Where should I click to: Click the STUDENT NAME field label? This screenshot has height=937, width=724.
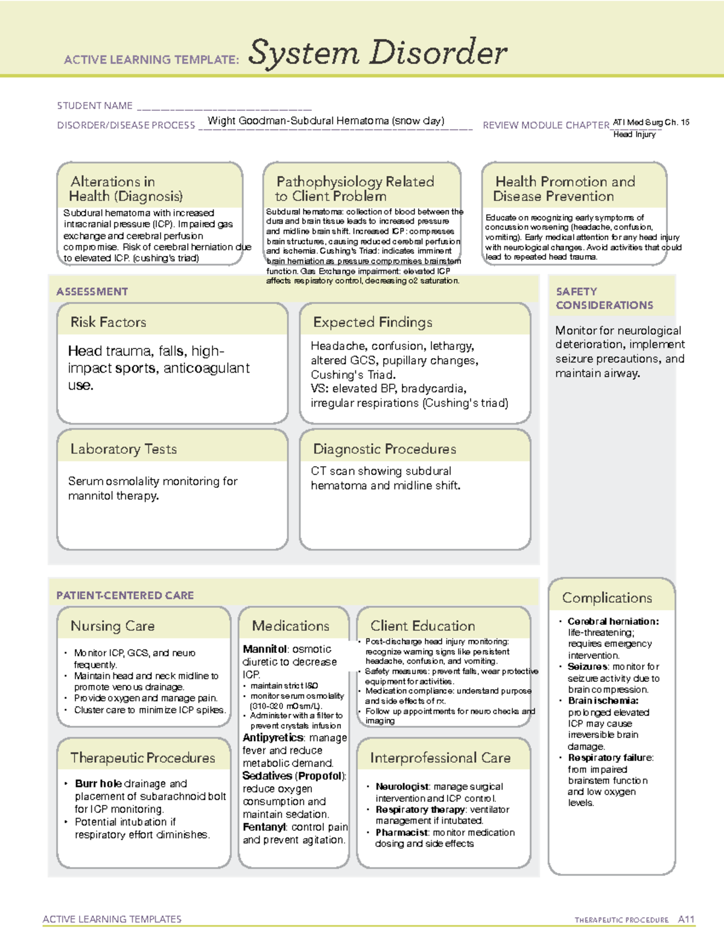[x=95, y=106]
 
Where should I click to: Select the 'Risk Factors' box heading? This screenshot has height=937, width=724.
[x=108, y=322]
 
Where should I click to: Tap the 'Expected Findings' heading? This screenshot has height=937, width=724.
[x=372, y=322]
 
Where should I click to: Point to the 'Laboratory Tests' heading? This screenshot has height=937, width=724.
[x=123, y=449]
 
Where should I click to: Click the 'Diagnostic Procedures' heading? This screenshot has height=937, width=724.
[x=384, y=449]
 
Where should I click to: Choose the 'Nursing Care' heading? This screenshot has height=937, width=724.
[x=112, y=626]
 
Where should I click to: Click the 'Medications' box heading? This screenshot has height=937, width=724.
[x=290, y=626]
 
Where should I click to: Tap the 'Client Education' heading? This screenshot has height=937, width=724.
[x=422, y=626]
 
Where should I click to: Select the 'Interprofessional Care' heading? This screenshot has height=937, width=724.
[x=440, y=757]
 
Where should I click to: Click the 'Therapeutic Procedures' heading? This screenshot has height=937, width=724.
[x=142, y=757]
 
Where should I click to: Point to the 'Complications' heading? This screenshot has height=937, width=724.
[x=607, y=598]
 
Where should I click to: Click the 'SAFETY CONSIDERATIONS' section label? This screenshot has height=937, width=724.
[x=604, y=298]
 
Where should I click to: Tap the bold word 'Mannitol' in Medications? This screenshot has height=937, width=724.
[x=264, y=649]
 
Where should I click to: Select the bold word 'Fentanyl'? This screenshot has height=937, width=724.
[x=263, y=827]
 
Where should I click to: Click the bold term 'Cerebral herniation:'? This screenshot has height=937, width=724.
[x=613, y=621]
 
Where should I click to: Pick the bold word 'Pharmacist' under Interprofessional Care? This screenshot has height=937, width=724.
[x=402, y=832]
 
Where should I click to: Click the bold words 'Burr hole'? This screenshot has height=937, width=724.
[x=98, y=783]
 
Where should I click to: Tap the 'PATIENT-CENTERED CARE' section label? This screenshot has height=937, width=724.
[x=125, y=595]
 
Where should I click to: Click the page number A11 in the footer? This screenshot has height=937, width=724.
[x=686, y=919]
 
